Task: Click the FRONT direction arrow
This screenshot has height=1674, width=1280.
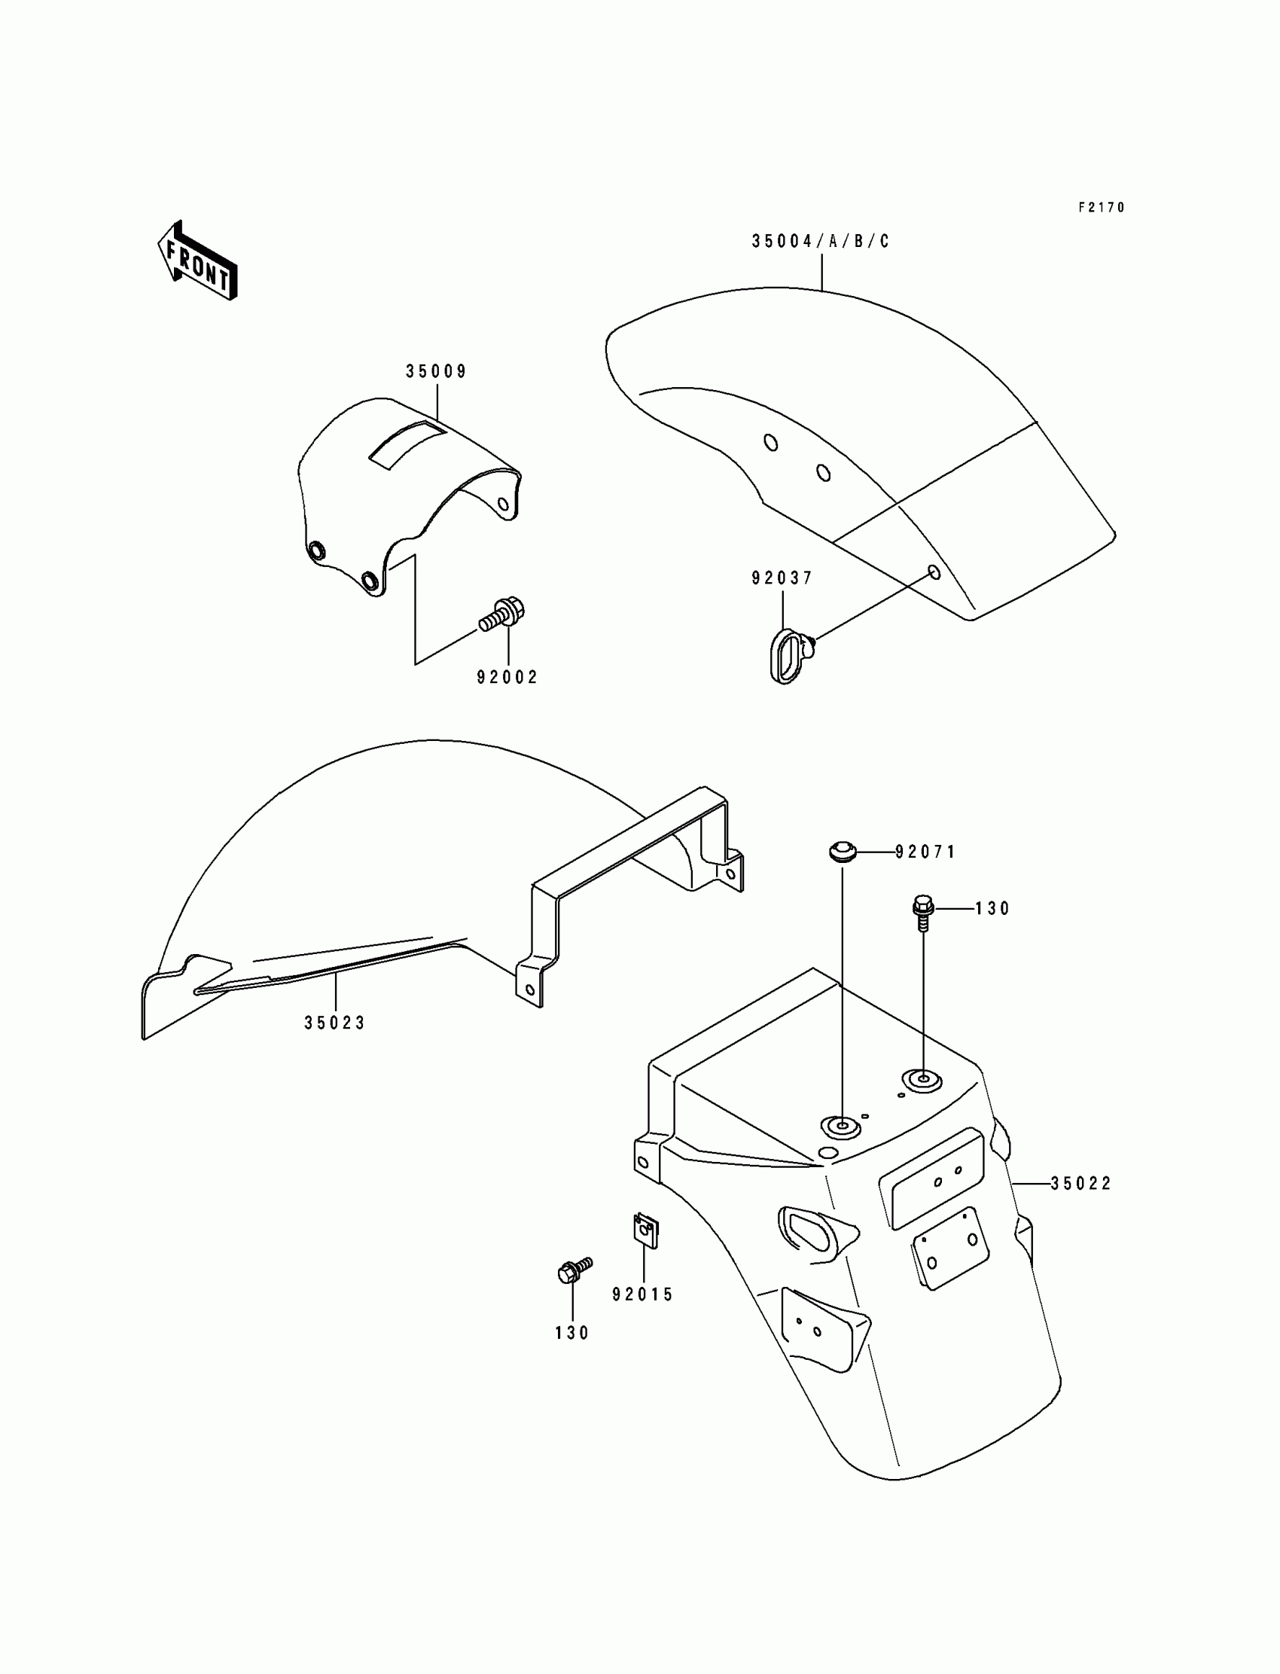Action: (197, 260)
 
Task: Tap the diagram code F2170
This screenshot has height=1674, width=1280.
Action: (1101, 207)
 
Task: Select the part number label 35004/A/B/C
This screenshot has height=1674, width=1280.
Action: (821, 242)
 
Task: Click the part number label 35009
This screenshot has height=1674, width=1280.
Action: (436, 372)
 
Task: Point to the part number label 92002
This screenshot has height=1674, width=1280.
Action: (507, 678)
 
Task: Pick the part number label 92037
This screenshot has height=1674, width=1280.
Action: (782, 578)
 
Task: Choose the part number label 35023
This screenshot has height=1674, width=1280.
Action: (335, 1023)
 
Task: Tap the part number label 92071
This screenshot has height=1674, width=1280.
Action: (925, 852)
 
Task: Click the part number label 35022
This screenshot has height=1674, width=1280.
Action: (1081, 1183)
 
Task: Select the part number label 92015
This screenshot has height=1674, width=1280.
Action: (643, 1294)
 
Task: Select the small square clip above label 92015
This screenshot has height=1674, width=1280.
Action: (645, 1230)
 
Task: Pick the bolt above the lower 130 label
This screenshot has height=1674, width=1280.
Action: (574, 1270)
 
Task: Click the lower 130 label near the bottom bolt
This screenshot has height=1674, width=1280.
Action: (572, 1333)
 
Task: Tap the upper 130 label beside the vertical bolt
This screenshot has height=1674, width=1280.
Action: (992, 909)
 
